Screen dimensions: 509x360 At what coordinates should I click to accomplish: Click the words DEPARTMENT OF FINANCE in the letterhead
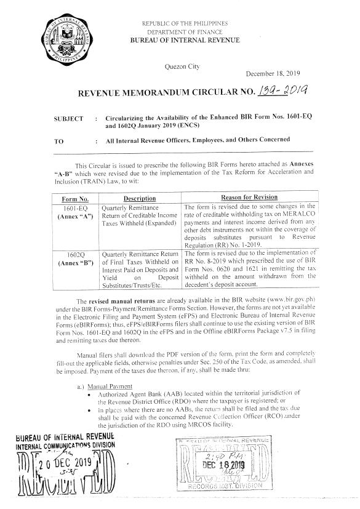tap(183, 31)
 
